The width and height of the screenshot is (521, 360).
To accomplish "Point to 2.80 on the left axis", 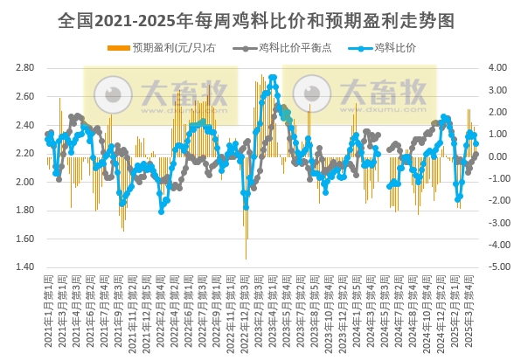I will pyautogui.click(x=25, y=67).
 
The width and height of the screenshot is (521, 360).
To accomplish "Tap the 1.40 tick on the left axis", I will pyautogui.click(x=25, y=267).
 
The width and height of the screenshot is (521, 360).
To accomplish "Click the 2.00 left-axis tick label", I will pyautogui.click(x=25, y=182).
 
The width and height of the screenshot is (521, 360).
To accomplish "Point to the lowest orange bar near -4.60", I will pyautogui.click(x=246, y=258).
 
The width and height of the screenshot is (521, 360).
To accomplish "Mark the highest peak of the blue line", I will pyautogui.click(x=274, y=78).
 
